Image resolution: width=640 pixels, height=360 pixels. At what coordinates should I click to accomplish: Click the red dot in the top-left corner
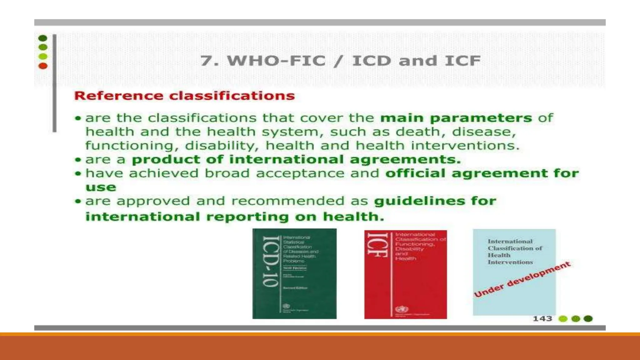click(x=43, y=66)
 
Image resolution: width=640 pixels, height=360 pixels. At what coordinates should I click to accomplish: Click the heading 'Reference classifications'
click(x=184, y=96)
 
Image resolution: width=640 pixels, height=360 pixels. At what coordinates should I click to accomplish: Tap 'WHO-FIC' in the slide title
click(x=276, y=61)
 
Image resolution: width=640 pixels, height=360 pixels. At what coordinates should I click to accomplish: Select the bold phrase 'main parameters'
click(x=456, y=118)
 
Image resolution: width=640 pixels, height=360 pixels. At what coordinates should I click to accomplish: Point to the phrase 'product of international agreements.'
click(x=296, y=160)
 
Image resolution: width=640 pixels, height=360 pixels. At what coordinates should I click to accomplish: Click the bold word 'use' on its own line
click(x=101, y=187)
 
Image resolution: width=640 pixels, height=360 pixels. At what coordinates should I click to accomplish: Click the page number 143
click(x=542, y=319)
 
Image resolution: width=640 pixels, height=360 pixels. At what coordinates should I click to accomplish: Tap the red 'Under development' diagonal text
click(x=522, y=279)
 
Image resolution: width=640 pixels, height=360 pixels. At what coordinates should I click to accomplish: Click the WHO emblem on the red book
click(x=401, y=309)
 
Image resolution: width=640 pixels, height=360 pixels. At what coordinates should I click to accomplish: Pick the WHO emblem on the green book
click(x=286, y=306)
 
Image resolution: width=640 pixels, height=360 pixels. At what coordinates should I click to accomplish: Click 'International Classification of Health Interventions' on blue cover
click(x=514, y=252)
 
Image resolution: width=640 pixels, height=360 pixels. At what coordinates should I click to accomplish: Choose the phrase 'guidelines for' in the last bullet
click(x=435, y=201)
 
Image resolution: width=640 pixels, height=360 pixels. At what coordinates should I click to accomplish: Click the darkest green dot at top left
click(x=43, y=38)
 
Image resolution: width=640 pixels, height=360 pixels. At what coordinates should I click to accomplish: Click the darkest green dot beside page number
click(x=588, y=319)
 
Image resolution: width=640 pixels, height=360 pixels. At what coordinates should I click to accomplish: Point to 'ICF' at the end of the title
click(x=462, y=61)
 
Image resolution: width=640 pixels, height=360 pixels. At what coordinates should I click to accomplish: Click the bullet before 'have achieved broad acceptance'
click(x=78, y=174)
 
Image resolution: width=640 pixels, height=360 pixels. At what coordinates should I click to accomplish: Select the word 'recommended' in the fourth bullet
click(x=288, y=201)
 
